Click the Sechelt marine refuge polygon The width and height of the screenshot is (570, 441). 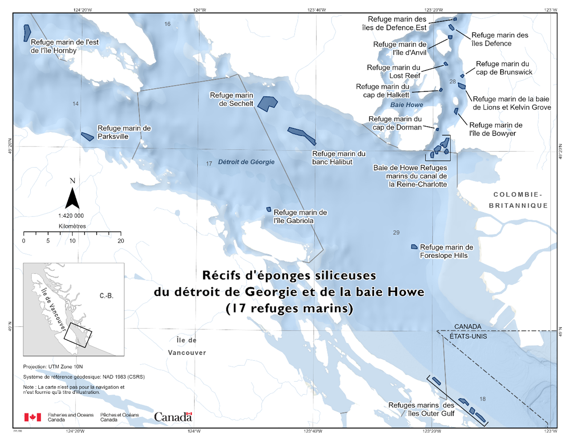point(267,103)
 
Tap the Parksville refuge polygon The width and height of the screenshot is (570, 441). point(87,136)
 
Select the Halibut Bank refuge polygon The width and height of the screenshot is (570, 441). point(302,135)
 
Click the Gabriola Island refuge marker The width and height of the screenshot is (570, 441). point(269,209)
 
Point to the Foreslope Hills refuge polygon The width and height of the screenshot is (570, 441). point(414,247)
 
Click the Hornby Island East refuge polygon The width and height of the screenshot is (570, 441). point(27,33)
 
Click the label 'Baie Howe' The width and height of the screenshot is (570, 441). point(407,105)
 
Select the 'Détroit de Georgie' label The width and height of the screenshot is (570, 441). point(246,162)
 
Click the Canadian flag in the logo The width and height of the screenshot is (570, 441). point(32,417)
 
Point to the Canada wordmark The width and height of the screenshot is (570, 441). point(173,417)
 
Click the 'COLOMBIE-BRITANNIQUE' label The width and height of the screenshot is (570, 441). point(518,200)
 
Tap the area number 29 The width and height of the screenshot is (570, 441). point(396,233)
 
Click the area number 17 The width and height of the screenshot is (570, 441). point(209,164)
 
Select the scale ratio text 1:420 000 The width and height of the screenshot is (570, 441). point(71,216)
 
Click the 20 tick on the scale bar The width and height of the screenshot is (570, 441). point(121,241)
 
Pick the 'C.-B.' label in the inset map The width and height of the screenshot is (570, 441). point(106,296)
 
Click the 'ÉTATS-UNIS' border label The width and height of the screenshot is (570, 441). point(468,336)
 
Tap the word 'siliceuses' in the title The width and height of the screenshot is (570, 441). point(345,275)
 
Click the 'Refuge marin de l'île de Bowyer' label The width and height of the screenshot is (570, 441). point(496,129)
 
